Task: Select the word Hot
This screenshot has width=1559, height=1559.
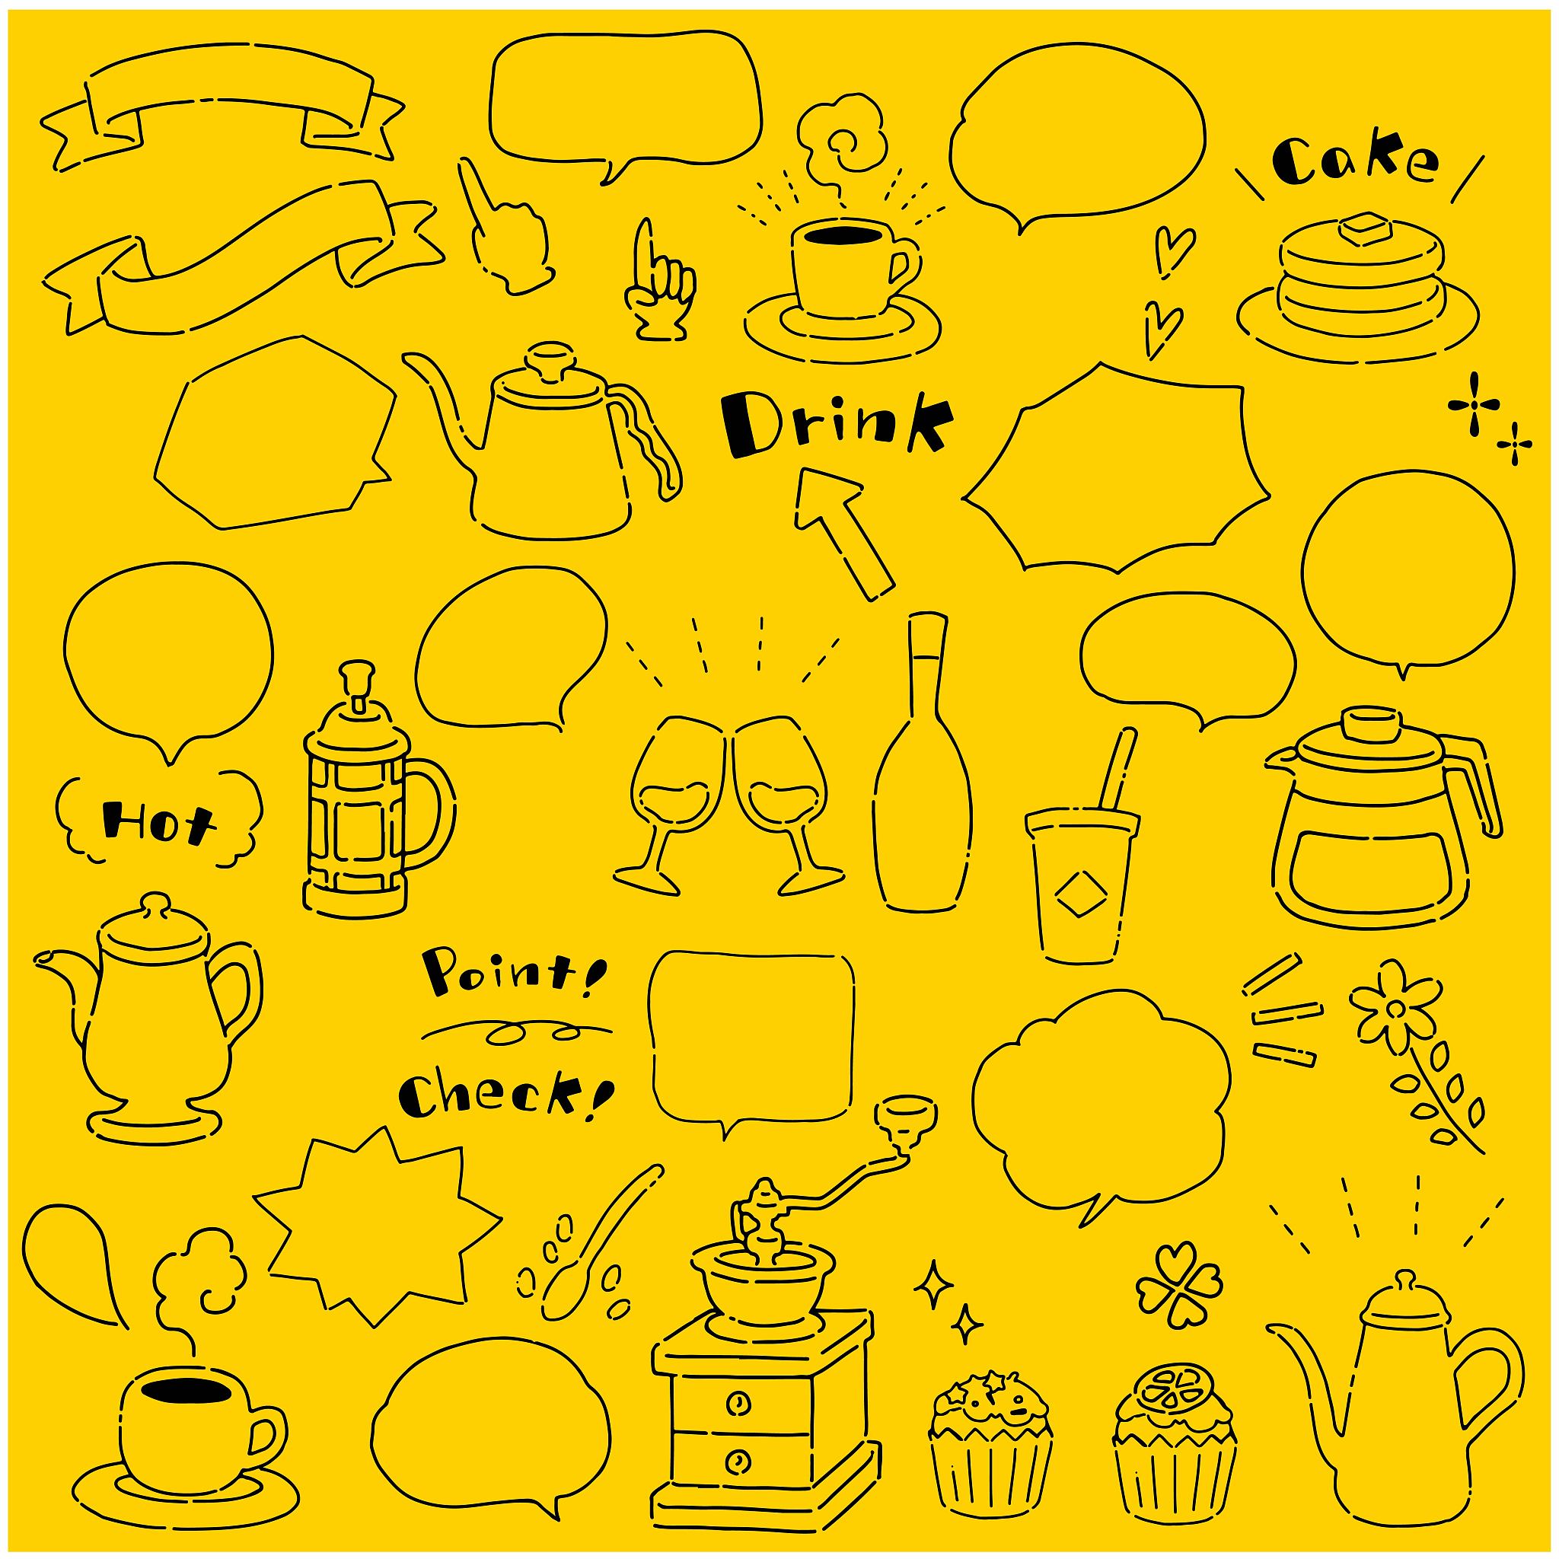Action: click(160, 821)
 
